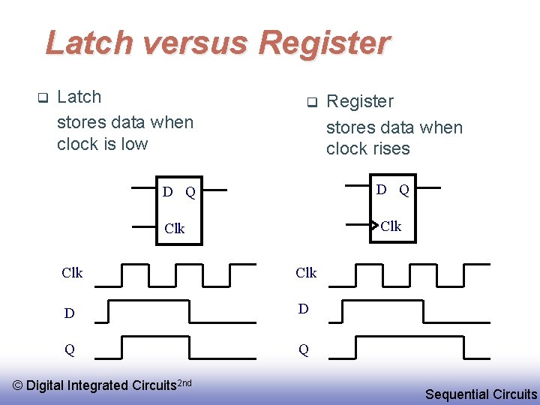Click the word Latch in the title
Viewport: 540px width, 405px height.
[90, 43]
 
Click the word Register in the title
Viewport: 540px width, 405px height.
[324, 43]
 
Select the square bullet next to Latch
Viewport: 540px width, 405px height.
[43, 97]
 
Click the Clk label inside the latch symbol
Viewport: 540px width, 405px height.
[174, 229]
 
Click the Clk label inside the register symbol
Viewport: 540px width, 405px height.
[391, 226]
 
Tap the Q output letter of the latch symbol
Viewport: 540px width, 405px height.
[190, 193]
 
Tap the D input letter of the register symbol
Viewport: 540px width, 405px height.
[382, 190]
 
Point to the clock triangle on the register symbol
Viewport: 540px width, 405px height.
[374, 224]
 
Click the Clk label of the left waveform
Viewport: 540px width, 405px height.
[72, 273]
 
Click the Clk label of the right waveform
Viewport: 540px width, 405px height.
[306, 273]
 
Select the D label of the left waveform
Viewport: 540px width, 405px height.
[69, 313]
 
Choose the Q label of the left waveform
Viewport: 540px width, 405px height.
[69, 349]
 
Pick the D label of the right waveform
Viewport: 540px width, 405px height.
[303, 309]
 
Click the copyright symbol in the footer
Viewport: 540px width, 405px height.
[19, 385]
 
